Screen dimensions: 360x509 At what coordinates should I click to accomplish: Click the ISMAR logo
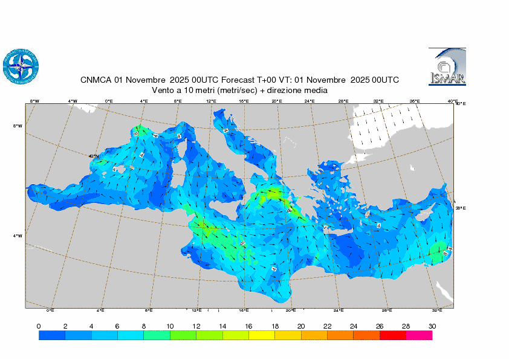447,66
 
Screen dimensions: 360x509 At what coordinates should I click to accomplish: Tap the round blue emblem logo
21,65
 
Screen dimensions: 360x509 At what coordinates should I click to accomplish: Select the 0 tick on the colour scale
39,326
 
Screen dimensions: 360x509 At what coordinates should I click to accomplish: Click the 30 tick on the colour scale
432,326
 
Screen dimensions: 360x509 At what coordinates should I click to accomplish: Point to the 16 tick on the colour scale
248,326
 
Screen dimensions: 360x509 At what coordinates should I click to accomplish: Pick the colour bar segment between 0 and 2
52,336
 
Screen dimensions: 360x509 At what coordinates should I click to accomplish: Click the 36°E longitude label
415,101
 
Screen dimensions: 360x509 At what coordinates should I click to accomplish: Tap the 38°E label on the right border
460,208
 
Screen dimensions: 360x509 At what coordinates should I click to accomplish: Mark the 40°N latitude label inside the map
94,156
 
